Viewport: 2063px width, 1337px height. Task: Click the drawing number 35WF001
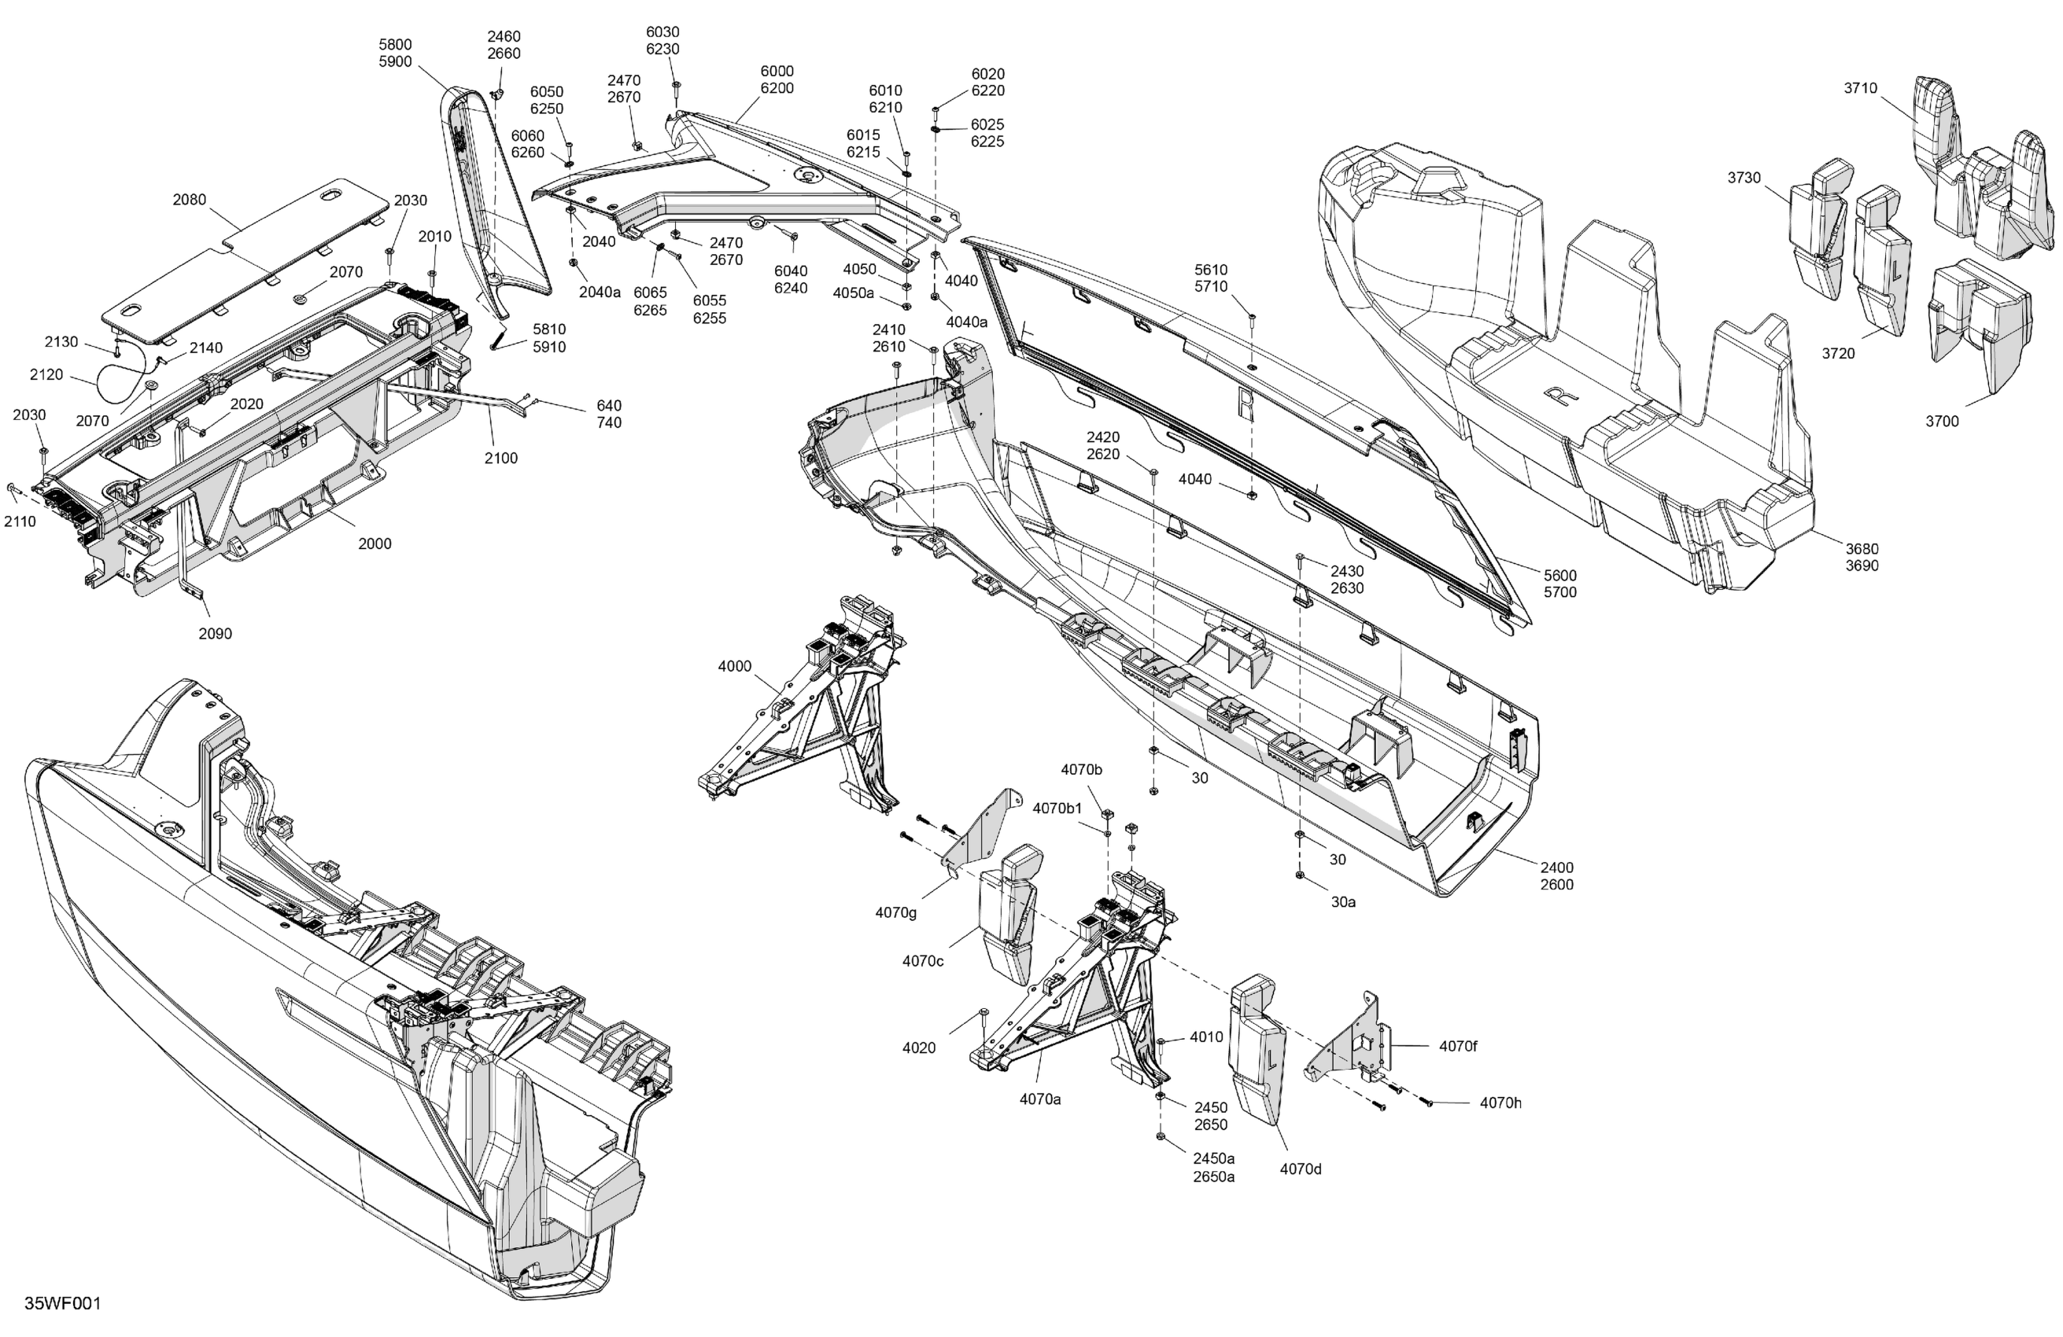click(62, 1303)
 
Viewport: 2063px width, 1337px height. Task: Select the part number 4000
click(734, 666)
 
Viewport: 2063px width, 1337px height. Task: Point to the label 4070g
click(895, 912)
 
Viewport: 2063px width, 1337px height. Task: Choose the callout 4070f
click(1458, 1046)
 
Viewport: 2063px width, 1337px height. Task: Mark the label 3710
click(1860, 88)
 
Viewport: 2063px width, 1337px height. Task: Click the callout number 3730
click(1744, 178)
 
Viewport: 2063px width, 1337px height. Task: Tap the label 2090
click(215, 633)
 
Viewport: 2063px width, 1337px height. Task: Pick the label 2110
click(20, 521)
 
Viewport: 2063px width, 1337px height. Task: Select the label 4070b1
click(1057, 808)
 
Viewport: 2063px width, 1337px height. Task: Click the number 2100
click(500, 458)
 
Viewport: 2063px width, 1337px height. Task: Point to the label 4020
click(919, 1048)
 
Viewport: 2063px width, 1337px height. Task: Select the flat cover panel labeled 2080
click(242, 252)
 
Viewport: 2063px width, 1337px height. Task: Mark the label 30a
click(1343, 902)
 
